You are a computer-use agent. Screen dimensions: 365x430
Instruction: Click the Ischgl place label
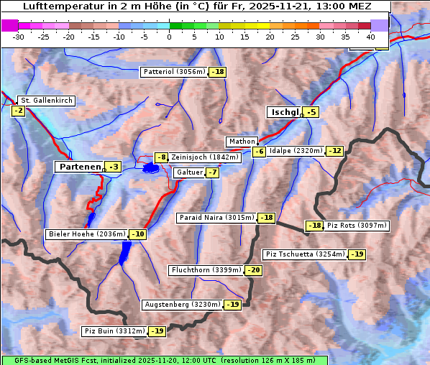(284, 112)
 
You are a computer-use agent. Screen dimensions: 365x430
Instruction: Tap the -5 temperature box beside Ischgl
(311, 112)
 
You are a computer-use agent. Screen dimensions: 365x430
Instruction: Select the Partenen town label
(80, 167)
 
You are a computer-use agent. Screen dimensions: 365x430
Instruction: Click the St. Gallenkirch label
(46, 101)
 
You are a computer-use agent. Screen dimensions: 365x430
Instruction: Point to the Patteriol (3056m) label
(174, 72)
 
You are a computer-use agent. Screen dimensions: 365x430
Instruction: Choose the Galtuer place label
(188, 172)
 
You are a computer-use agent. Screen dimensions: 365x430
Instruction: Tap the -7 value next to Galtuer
(213, 172)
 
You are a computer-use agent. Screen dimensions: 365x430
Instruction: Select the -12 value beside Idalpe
(335, 151)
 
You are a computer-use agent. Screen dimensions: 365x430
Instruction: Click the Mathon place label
(241, 142)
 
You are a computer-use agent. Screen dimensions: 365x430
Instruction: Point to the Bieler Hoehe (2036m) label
(86, 234)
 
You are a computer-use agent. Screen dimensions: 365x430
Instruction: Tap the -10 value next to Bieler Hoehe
(138, 234)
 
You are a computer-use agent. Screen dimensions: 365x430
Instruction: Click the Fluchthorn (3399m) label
(206, 270)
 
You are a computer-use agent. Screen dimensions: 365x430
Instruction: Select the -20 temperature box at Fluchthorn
(253, 270)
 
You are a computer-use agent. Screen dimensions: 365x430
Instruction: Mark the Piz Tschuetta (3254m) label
(306, 254)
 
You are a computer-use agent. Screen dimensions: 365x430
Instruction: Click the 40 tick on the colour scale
(370, 37)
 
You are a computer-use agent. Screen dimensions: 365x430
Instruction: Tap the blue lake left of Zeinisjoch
(150, 168)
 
